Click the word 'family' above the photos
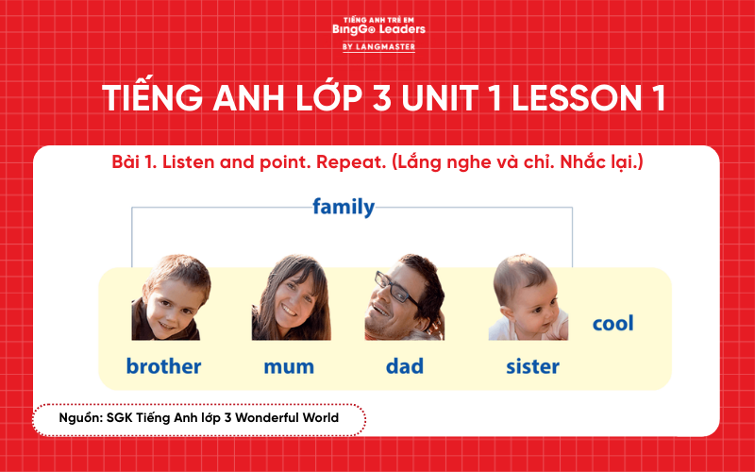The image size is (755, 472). click(344, 207)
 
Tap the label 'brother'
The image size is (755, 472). click(163, 365)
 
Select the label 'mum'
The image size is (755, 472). click(289, 365)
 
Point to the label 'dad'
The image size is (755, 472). click(404, 365)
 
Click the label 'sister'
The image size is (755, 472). click(532, 365)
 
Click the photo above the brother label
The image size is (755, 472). click(171, 297)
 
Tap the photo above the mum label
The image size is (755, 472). click(291, 298)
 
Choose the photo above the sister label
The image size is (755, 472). click(528, 298)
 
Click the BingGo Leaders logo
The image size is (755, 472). click(378, 28)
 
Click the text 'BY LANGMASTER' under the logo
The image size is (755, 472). click(378, 46)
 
